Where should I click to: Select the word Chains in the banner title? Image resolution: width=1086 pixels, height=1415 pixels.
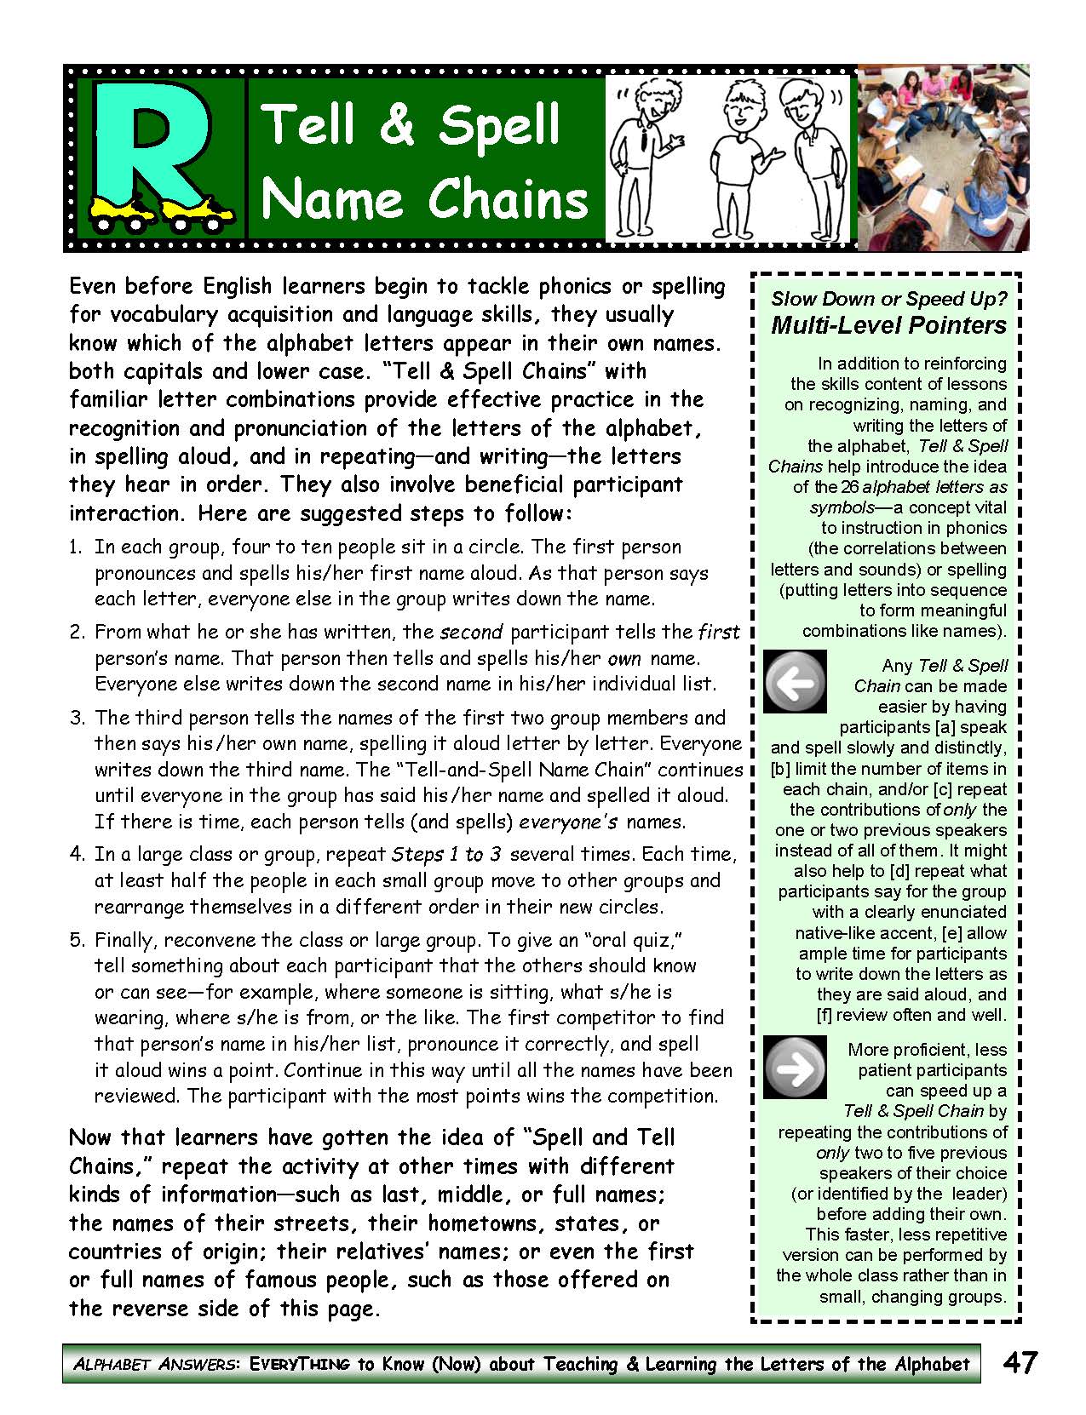[508, 199]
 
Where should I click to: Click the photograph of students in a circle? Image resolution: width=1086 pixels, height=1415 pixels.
[942, 157]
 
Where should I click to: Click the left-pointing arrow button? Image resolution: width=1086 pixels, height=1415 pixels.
[795, 681]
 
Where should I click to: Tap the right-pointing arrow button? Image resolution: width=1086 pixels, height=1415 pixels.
[795, 1066]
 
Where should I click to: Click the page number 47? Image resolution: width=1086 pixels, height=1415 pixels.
[1020, 1363]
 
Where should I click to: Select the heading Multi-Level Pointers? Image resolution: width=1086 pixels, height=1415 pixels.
[888, 325]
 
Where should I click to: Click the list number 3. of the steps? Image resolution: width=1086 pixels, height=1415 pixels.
[78, 718]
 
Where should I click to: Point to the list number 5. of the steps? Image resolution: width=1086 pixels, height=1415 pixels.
[78, 940]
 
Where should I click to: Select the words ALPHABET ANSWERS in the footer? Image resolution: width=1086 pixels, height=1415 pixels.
[153, 1364]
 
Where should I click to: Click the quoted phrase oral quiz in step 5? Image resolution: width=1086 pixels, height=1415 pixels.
[634, 940]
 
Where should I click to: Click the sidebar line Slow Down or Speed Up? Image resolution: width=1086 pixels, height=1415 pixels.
[888, 299]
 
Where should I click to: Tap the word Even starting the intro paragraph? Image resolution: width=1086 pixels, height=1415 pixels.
[92, 286]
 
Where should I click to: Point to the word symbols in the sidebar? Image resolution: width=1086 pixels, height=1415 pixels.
[841, 507]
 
